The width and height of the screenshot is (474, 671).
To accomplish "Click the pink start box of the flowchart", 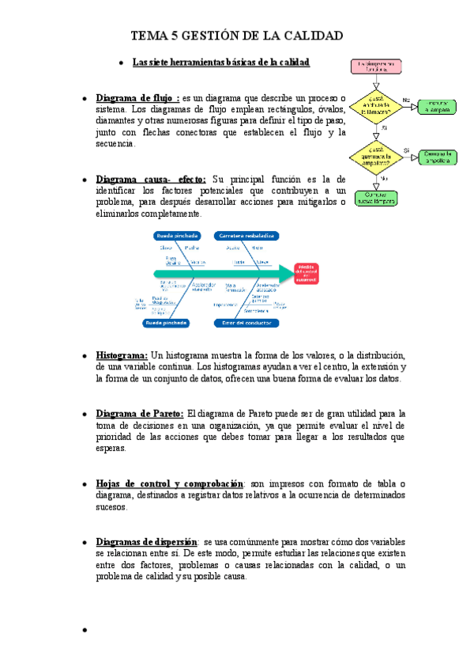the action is click(375, 66).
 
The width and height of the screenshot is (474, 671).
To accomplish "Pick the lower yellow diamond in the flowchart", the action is click(375, 154).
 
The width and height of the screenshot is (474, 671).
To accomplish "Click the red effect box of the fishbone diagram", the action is click(307, 274).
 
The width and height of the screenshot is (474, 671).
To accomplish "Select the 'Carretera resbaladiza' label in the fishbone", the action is click(245, 236).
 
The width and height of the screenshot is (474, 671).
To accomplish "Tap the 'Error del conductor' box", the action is click(246, 323).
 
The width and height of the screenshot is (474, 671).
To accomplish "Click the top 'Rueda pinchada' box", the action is click(177, 236).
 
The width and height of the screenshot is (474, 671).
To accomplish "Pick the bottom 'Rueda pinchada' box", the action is click(166, 323).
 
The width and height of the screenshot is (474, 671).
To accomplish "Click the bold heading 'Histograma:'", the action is click(122, 355).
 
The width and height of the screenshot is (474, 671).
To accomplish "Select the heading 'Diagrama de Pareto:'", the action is click(140, 413).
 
